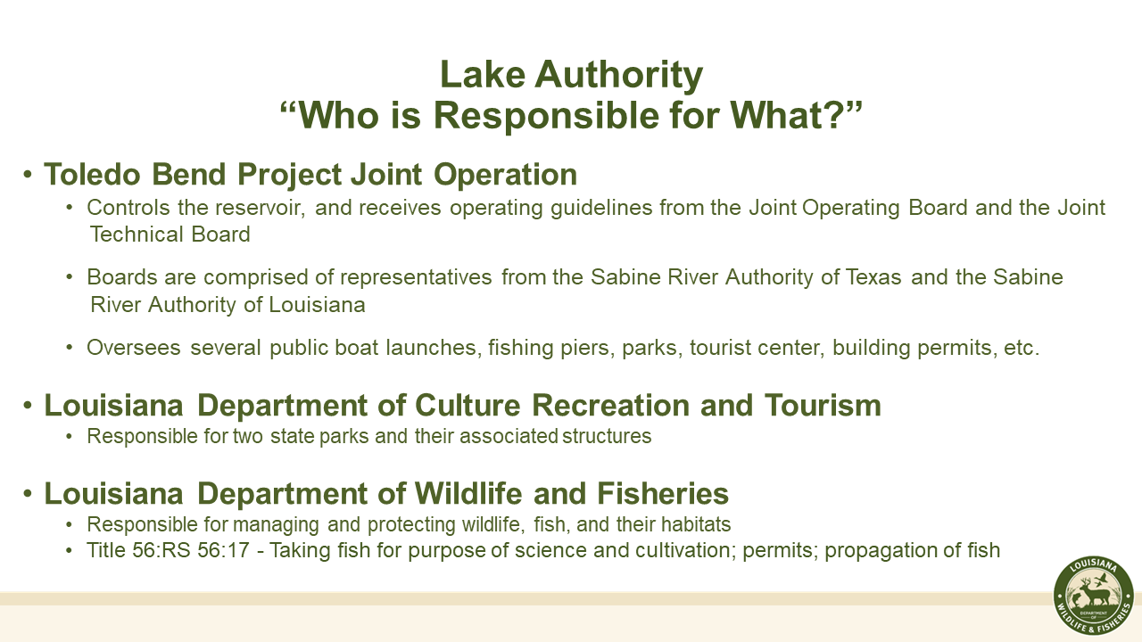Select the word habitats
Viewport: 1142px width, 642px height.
pyautogui.click(x=695, y=524)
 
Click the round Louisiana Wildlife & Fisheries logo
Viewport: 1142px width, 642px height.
pyautogui.click(x=1093, y=597)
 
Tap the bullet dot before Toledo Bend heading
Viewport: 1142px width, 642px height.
pyautogui.click(x=29, y=174)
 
